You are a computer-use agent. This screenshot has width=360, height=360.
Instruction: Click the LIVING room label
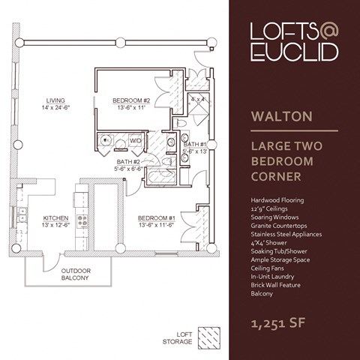tap(55, 100)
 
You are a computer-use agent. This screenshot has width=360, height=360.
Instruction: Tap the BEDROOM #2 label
tap(132, 100)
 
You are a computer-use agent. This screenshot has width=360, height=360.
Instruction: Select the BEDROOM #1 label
tap(156, 218)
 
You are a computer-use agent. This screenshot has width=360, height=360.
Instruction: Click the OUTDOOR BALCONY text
tap(75, 274)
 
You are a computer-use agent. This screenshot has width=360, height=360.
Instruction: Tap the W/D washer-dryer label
tap(136, 139)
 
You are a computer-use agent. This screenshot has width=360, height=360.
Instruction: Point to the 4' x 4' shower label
tap(198, 99)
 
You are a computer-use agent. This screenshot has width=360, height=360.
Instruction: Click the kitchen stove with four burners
tap(82, 220)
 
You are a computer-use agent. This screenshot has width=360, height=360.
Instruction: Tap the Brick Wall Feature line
tap(277, 285)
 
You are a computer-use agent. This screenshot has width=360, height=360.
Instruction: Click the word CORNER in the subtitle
tap(277, 178)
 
